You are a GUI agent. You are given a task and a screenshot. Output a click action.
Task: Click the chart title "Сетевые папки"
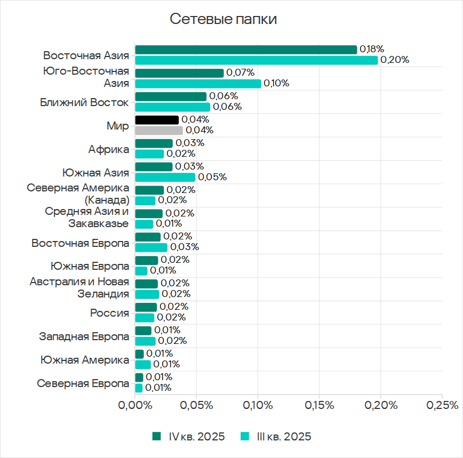[x=223, y=20]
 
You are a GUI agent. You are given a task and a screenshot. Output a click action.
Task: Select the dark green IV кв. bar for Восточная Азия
[x=246, y=50]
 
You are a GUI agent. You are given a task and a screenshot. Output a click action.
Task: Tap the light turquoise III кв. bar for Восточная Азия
[x=256, y=60]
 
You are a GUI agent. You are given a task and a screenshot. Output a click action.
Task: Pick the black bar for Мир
[x=157, y=120]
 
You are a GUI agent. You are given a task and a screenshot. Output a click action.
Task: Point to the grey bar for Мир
[x=159, y=131]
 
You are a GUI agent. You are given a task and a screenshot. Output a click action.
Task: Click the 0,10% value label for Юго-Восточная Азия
[x=277, y=83]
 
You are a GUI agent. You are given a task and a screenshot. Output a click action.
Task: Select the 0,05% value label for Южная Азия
[x=212, y=177]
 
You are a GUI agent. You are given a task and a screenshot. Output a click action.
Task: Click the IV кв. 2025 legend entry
[x=189, y=437]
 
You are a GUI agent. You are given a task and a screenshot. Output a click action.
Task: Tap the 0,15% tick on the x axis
[x=319, y=405]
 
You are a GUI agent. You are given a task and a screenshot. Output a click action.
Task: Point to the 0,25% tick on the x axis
[x=442, y=405]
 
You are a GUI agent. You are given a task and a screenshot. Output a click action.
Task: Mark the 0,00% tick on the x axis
[x=135, y=405]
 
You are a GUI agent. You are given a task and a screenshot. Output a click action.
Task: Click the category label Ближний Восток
[x=84, y=102]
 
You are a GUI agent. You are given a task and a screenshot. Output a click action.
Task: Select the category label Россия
[x=109, y=313]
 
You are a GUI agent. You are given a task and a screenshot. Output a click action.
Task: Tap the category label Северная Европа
[x=83, y=383]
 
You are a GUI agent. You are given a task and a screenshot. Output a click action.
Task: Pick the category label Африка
[x=109, y=149]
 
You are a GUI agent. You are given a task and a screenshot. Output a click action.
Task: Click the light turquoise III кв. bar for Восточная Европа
[x=151, y=247]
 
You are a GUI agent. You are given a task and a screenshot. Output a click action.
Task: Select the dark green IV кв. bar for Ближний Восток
[x=171, y=97]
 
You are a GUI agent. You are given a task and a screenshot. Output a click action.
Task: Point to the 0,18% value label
[x=372, y=49]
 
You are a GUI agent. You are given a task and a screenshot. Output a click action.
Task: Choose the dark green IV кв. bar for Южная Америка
[x=139, y=354]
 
